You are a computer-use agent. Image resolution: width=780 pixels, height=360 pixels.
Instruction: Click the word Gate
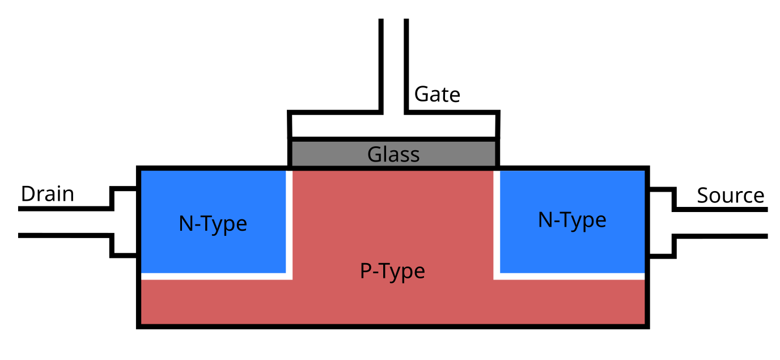[437, 94]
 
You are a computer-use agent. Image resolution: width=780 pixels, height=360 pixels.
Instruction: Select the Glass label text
[393, 154]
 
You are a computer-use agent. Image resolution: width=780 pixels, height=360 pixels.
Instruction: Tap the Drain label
[48, 194]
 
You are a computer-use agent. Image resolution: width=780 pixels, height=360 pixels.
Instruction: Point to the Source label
[730, 196]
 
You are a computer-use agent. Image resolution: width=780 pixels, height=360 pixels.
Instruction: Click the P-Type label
[392, 272]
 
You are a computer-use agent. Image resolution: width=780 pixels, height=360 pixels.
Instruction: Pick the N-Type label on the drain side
[213, 224]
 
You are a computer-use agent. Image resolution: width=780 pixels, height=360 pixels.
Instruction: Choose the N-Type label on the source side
[572, 220]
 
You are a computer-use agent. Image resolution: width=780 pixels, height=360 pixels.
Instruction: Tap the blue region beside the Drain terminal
[170, 249]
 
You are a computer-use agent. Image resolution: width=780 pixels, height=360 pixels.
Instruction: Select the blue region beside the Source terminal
[612, 249]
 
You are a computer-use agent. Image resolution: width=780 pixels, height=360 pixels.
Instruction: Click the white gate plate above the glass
[340, 125]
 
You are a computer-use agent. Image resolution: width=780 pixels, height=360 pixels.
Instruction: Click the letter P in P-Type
[366, 272]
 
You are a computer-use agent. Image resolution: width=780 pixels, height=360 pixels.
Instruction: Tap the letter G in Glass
[374, 154]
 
